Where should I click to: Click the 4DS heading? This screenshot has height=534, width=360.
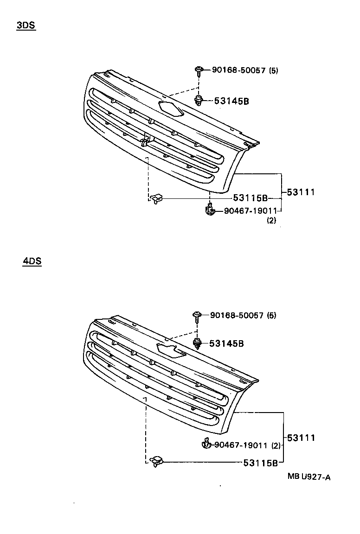coord(32,261)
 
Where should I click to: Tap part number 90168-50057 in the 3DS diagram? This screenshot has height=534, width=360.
coord(238,70)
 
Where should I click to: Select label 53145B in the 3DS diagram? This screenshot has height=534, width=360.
coord(231,101)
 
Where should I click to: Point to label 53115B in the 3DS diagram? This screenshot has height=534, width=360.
coord(251,198)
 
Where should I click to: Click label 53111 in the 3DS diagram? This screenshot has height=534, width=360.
coord(301,192)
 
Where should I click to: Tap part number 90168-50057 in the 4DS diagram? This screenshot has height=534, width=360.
coord(237,316)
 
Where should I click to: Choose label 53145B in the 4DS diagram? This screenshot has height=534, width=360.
coord(226,344)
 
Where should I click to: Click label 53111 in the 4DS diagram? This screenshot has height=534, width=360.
coord(301,438)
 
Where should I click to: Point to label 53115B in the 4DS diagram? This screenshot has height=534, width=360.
coord(260,462)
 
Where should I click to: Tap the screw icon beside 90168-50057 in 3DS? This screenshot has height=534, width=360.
coord(198,71)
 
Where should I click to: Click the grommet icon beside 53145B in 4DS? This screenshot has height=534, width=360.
coord(197,344)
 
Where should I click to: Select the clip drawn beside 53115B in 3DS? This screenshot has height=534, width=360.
coord(156,198)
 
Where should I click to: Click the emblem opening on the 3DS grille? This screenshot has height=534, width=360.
coord(170,108)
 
